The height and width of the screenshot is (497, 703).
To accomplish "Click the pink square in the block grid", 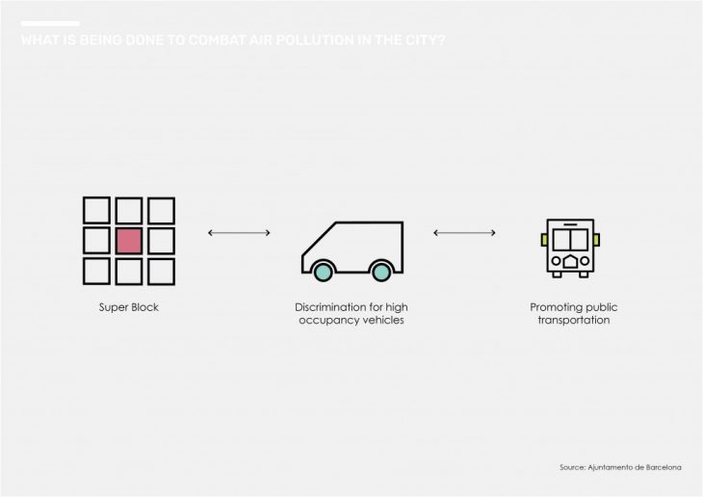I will tap(129, 241).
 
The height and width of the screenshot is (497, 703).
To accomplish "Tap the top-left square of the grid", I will tap(96, 210).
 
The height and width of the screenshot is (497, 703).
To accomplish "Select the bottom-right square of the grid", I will tap(161, 271).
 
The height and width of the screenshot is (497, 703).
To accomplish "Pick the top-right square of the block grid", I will tap(161, 210).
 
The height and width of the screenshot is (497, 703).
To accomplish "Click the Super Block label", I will tap(128, 308).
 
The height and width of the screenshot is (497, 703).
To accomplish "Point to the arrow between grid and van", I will tap(239, 232).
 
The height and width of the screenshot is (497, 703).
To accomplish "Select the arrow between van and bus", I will tap(464, 232).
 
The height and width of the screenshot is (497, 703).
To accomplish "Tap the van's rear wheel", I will tap(381, 273).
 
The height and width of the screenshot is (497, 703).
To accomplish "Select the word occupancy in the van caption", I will tap(324, 320).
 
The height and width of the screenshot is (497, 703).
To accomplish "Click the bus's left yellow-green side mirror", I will tap(544, 239).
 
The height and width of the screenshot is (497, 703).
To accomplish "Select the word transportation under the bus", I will tap(574, 320).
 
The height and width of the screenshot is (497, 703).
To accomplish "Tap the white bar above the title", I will tap(49, 23).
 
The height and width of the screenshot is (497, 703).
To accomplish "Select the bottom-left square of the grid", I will tap(96, 271).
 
